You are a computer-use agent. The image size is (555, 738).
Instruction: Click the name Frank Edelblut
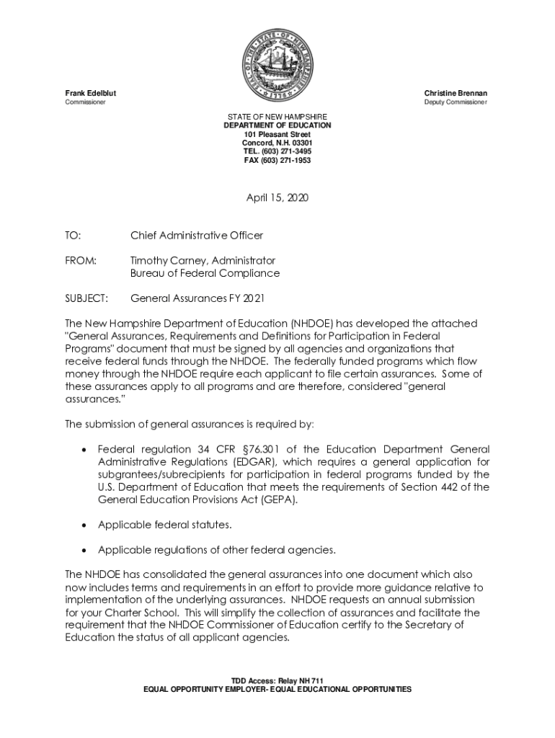tap(91, 94)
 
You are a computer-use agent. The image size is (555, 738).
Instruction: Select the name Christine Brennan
tap(456, 94)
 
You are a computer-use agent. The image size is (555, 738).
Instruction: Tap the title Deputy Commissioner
tap(456, 103)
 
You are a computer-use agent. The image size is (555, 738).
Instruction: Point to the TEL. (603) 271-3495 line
tap(277, 151)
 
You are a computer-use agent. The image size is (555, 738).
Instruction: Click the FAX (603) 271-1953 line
tap(277, 160)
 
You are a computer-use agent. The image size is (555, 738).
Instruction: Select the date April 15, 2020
tap(277, 197)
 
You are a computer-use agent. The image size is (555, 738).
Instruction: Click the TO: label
tap(73, 236)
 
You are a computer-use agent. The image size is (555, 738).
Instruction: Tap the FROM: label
tap(80, 260)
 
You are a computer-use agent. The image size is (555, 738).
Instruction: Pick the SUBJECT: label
tap(86, 298)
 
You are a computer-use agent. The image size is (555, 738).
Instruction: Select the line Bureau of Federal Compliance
tap(205, 273)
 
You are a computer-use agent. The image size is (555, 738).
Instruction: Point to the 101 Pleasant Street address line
tap(277, 134)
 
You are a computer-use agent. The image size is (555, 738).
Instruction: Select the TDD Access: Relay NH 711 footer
tap(277, 681)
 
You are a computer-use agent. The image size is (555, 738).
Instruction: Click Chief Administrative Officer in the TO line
tap(197, 236)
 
